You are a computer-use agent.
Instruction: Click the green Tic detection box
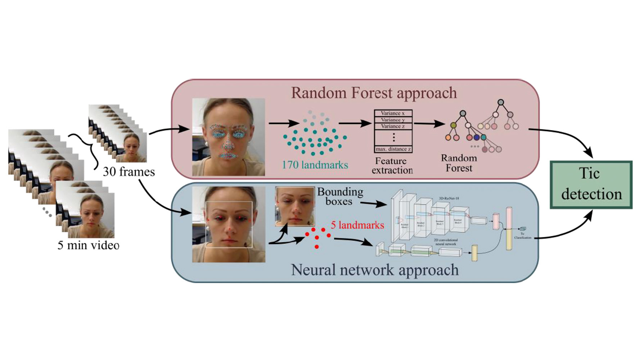tap(591, 184)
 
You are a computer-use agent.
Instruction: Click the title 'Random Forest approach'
tap(374, 93)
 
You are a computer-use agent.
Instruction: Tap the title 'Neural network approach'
tap(374, 270)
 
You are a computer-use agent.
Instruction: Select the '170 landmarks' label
tap(315, 165)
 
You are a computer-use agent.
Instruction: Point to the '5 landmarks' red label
tap(357, 225)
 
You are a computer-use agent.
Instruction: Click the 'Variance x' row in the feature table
tap(393, 113)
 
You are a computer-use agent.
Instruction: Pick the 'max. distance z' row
tap(393, 149)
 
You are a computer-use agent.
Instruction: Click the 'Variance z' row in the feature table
tap(393, 126)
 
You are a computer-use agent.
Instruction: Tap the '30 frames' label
tap(129, 172)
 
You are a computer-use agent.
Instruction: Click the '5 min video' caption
tap(88, 245)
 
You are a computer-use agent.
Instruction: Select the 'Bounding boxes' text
tap(340, 196)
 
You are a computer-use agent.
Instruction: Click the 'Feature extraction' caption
tap(392, 166)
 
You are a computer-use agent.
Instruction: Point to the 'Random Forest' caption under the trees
tap(459, 163)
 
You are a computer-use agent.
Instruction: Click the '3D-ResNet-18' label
tap(449, 198)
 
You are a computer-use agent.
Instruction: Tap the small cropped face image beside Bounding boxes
tap(295, 206)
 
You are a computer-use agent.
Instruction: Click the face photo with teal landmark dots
tap(229, 137)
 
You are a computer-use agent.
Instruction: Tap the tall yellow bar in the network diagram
tap(509, 228)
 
